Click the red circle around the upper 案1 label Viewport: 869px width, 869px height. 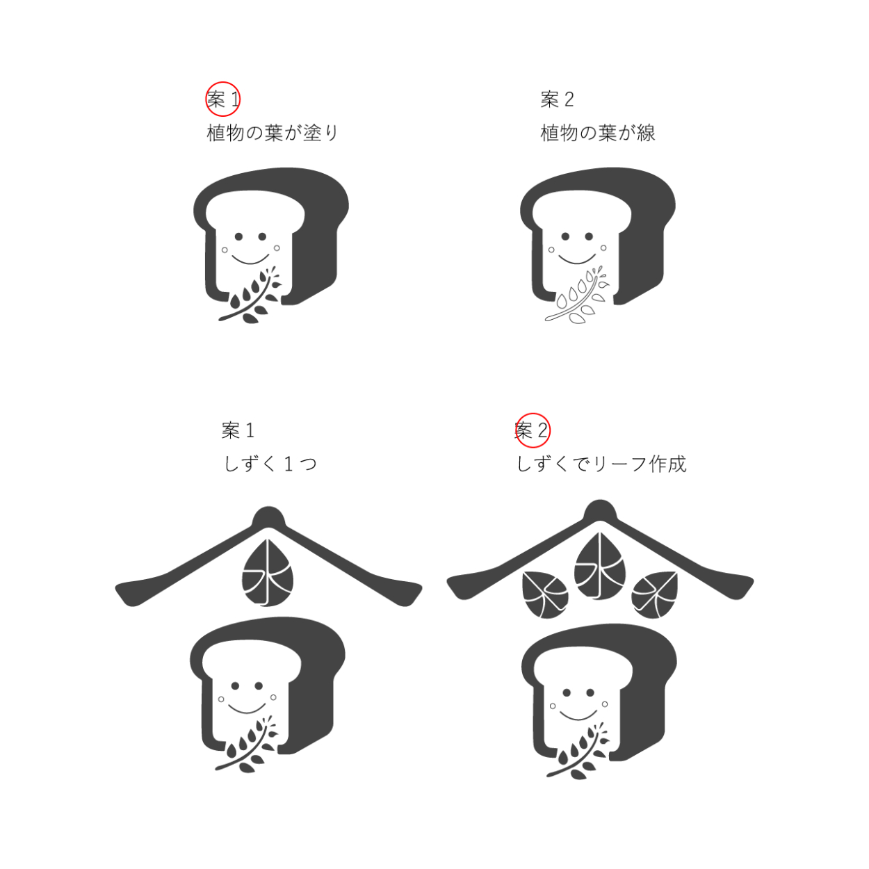(x=206, y=99)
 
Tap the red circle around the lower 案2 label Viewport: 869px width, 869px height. (x=516, y=430)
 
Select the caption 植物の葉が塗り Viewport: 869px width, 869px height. (x=273, y=133)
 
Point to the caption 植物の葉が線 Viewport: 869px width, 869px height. (x=597, y=133)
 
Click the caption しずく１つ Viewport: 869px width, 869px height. (x=270, y=464)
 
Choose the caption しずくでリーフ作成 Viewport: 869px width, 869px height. (x=601, y=464)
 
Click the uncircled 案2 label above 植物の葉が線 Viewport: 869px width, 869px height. (x=557, y=99)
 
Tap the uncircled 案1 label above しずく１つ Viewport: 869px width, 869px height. (x=238, y=430)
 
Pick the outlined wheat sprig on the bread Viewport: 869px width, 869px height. (x=577, y=296)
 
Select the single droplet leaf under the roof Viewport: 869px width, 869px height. (x=268, y=572)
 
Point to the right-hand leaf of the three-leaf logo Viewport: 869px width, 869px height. (x=655, y=594)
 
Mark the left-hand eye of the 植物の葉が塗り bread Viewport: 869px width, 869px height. (x=238, y=236)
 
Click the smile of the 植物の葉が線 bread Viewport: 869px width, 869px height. (x=577, y=259)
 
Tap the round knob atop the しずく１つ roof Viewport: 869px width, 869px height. (x=269, y=517)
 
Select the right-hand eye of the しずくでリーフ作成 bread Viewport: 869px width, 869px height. (x=590, y=692)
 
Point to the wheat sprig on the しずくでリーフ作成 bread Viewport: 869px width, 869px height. (x=578, y=752)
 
